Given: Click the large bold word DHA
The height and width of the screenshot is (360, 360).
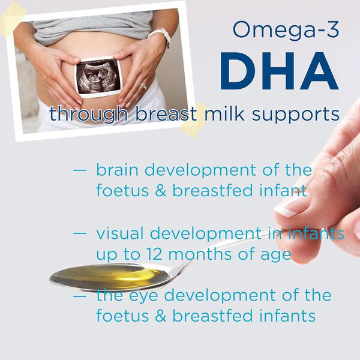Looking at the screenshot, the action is pyautogui.click(x=279, y=71).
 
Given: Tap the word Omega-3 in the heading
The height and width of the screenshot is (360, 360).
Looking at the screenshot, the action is pyautogui.click(x=286, y=31).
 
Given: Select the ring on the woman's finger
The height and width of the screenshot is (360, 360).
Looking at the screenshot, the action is pyautogui.click(x=144, y=86).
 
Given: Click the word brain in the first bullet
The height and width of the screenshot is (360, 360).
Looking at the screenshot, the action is pyautogui.click(x=117, y=170).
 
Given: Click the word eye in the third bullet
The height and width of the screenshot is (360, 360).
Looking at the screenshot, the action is pyautogui.click(x=143, y=296).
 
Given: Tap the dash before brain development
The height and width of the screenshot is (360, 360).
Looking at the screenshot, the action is pyautogui.click(x=80, y=170).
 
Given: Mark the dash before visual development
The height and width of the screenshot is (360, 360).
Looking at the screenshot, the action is pyautogui.click(x=80, y=233).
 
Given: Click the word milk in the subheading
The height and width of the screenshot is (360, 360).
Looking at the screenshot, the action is pyautogui.click(x=224, y=113).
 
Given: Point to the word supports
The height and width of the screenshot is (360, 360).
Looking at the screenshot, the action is pyautogui.click(x=296, y=115).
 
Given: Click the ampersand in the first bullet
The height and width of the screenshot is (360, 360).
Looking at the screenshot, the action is pyautogui.click(x=160, y=191).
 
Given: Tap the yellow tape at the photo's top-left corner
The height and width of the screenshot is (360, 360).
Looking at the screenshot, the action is pyautogui.click(x=13, y=19).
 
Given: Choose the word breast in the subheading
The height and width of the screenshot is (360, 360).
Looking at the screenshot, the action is pyautogui.click(x=166, y=113).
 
